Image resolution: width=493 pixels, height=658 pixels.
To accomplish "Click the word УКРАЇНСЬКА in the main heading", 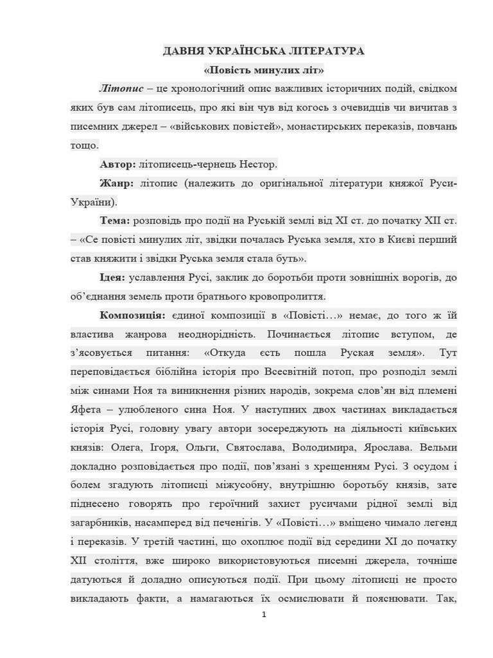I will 245,51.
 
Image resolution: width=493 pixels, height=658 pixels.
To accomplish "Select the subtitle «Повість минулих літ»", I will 263,69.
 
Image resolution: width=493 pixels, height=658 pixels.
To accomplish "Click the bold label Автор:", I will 117,164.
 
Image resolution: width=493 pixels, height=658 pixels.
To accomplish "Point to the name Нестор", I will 258,164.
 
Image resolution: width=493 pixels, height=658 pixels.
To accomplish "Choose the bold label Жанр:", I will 116,183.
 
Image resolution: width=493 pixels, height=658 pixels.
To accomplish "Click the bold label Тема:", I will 115,221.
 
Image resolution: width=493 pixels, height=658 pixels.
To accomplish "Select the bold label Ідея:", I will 113,278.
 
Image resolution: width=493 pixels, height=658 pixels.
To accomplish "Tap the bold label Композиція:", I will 133,316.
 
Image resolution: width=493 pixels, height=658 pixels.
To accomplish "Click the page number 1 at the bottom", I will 263,615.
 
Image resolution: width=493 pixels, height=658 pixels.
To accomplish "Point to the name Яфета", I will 87,410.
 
